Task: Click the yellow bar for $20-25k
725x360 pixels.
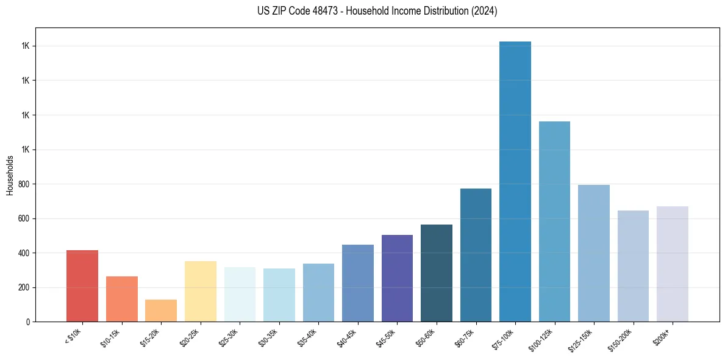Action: [x=201, y=291]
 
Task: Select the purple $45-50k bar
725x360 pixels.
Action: [x=397, y=278]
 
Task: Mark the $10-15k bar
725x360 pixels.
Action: [x=122, y=298]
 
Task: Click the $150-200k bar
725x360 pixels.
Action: [x=633, y=265]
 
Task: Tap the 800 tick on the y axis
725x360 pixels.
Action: [x=24, y=184]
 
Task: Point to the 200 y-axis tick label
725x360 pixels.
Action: [x=24, y=287]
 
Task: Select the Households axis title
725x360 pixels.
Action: [x=10, y=175]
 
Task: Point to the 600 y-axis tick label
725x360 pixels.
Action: [x=24, y=218]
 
